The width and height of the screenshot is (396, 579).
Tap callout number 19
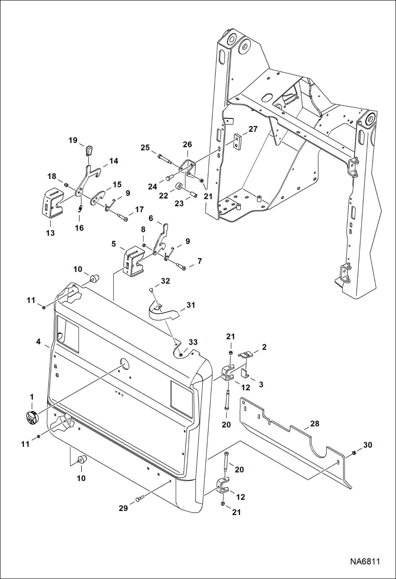73,140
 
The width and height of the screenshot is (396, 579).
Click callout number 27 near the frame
253,129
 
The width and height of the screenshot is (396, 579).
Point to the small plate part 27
238,142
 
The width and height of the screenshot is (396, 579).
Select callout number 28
315,423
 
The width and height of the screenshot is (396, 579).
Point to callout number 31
191,305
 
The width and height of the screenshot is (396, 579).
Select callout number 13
50,233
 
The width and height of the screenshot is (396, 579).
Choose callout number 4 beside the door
38,342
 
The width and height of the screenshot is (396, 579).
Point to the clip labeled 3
245,373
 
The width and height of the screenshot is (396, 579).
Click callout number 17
139,209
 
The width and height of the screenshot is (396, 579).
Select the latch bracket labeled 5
134,261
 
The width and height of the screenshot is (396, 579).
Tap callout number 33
193,342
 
